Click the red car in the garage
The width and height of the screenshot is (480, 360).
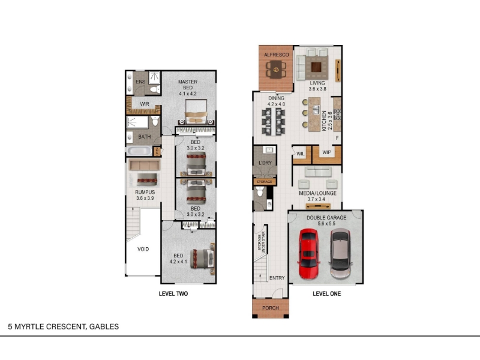(x=308, y=254)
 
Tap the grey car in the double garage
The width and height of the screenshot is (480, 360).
(x=340, y=253)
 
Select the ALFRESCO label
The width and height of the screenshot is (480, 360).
(x=277, y=55)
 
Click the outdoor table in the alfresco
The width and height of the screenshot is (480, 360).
(x=276, y=70)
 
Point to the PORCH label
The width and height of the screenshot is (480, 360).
(x=271, y=308)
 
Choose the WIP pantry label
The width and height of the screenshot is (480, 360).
(x=326, y=152)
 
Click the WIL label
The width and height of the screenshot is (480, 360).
(x=301, y=154)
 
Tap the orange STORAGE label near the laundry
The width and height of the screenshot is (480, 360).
(x=264, y=182)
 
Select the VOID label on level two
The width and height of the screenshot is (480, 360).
(x=143, y=249)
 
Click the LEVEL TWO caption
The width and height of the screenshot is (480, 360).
(x=173, y=293)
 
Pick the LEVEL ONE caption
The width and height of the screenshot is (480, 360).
(x=326, y=293)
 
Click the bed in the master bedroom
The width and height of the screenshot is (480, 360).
(x=196, y=112)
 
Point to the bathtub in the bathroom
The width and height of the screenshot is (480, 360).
(x=139, y=151)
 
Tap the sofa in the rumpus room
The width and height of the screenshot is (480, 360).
(x=145, y=166)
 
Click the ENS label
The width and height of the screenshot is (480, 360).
(x=140, y=82)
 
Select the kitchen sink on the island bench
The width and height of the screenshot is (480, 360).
(x=316, y=109)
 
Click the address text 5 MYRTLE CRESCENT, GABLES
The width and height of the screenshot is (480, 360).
(x=64, y=326)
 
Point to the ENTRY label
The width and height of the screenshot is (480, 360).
(x=277, y=278)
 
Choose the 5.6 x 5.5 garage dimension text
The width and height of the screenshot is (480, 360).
(x=326, y=224)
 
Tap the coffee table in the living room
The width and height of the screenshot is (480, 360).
(x=316, y=67)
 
